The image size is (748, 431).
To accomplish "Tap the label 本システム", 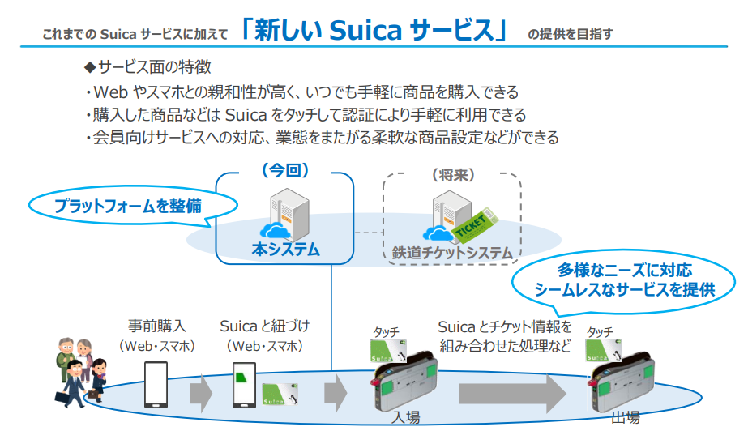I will tap(285, 249).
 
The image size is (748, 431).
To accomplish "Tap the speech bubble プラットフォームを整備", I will tap(128, 206).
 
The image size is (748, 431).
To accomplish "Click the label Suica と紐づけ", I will tap(265, 326).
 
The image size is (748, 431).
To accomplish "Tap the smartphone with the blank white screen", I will tap(156, 384).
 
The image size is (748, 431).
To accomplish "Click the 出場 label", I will tap(625, 417).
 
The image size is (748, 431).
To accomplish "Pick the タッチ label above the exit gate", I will tap(600, 331).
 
